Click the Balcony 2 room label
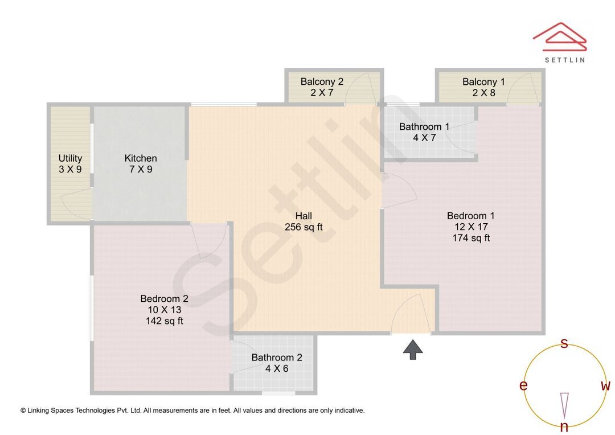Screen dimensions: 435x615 coord(322,81)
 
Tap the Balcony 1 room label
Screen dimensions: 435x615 coord(483,81)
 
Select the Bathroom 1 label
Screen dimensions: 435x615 coord(424,126)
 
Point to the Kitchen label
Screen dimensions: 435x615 coord(141,158)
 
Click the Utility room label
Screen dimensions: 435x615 coord(70,158)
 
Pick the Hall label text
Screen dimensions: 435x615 coord(304,216)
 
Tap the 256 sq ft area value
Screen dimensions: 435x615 coord(304,227)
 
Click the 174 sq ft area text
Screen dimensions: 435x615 coord(471,238)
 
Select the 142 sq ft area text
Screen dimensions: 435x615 coord(165,321)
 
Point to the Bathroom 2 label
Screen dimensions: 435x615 coord(277,358)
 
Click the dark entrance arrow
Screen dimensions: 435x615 coord(413,350)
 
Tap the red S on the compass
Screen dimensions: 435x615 coord(564,343)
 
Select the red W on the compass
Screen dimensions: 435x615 coord(605,386)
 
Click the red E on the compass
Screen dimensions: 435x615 coord(523,386)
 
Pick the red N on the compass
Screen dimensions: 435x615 coord(564,427)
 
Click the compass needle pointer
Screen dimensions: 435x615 coord(564,405)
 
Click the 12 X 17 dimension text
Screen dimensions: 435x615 coord(471,227)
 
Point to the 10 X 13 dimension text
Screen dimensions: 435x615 coord(165,310)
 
